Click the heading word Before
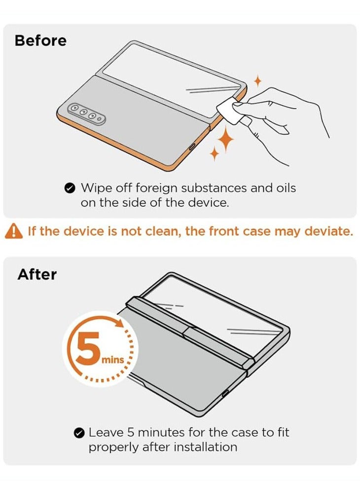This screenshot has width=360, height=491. (40, 40)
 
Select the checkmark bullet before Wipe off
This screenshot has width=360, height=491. (70, 188)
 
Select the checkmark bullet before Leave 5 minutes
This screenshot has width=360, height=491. (78, 433)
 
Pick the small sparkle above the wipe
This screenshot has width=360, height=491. (257, 81)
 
